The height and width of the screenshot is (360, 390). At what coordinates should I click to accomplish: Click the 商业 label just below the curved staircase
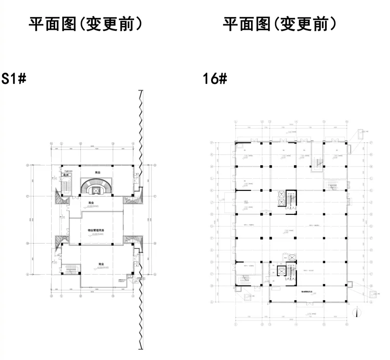click(x=92, y=203)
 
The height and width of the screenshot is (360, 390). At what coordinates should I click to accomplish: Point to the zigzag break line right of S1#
click(x=140, y=219)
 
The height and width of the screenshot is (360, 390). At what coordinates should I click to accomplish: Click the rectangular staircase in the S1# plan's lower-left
click(x=72, y=269)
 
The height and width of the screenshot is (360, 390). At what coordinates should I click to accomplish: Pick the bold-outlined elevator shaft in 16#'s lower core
click(x=281, y=272)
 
